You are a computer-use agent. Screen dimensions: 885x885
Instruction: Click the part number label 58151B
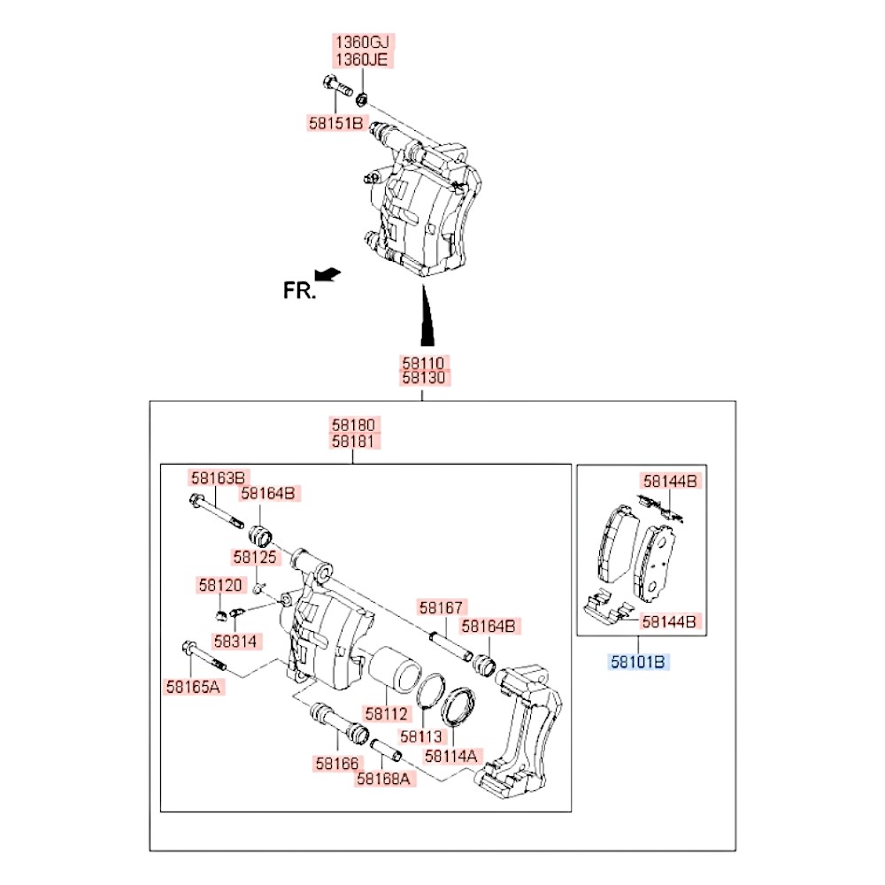tap(337, 123)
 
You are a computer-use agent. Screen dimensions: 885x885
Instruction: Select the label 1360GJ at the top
tap(362, 42)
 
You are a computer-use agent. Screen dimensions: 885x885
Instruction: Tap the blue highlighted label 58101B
tap(638, 661)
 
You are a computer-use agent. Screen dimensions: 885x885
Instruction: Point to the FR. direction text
tap(299, 290)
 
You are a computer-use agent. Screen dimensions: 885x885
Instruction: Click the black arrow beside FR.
tap(328, 273)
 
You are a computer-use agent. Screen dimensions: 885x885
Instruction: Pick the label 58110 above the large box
tap(424, 362)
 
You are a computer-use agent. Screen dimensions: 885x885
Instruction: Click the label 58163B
tap(218, 478)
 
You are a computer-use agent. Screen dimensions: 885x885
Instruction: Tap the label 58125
tap(255, 557)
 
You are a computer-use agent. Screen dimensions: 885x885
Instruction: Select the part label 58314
tap(235, 641)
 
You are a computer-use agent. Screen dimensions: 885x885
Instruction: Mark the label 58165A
tap(193, 687)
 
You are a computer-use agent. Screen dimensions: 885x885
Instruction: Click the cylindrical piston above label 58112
tap(394, 670)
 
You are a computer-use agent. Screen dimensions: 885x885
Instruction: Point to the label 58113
tap(421, 736)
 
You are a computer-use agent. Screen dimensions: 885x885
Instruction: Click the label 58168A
tap(384, 779)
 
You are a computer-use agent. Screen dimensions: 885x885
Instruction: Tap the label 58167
tap(442, 607)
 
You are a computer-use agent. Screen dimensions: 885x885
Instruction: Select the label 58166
tap(337, 764)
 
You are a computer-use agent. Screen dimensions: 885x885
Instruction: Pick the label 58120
tap(220, 585)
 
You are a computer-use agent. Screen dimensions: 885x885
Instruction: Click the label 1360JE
tap(362, 59)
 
